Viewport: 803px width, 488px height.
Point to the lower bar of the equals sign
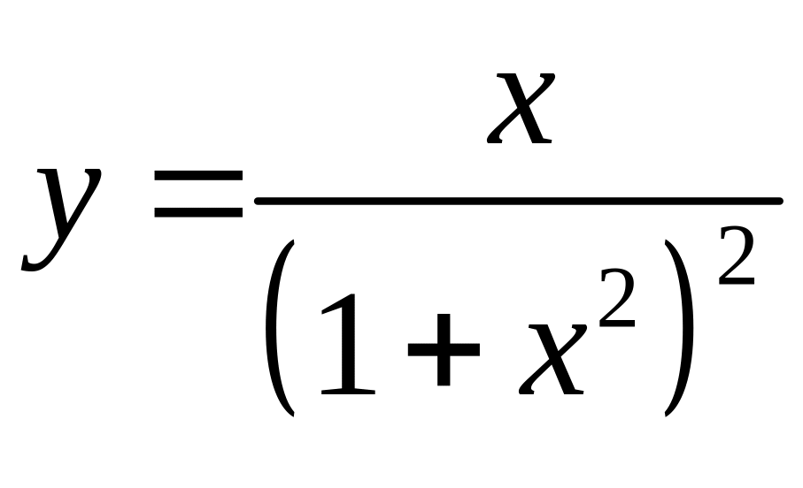pyautogui.click(x=197, y=213)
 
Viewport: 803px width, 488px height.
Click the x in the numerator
pyautogui.click(x=522, y=109)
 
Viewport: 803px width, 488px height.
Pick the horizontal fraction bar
pyautogui.click(x=518, y=201)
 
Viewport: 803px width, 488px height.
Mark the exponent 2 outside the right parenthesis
pyautogui.click(x=736, y=255)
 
